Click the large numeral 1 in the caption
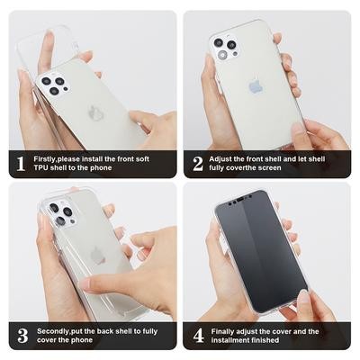tap(21, 164)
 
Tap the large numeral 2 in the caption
tap(198, 164)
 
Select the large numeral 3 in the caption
tap(22, 336)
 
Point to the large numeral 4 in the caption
tap(199, 336)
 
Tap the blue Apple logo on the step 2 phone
tap(256, 85)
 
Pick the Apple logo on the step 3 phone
tap(97, 255)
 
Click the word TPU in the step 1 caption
tap(40, 168)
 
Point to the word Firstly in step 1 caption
tap(45, 159)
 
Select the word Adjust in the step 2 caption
tap(220, 159)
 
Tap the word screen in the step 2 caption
tap(270, 168)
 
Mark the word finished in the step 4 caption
tap(265, 340)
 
